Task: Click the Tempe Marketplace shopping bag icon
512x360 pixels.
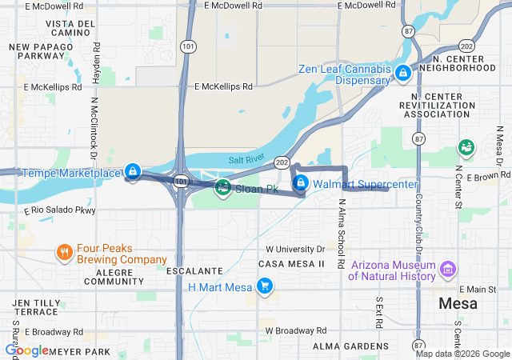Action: [x=133, y=172]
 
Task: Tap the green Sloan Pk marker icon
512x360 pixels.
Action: [x=223, y=189]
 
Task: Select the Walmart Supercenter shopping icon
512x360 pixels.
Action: [x=300, y=184]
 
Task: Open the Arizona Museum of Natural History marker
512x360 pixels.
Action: [x=449, y=270]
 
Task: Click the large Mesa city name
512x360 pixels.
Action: [x=458, y=304]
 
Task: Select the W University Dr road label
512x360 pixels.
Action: [x=295, y=249]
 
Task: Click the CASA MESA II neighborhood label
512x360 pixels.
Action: [x=291, y=263]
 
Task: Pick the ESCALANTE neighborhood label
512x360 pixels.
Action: [x=189, y=271]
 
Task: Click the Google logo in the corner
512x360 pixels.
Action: [x=27, y=350]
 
